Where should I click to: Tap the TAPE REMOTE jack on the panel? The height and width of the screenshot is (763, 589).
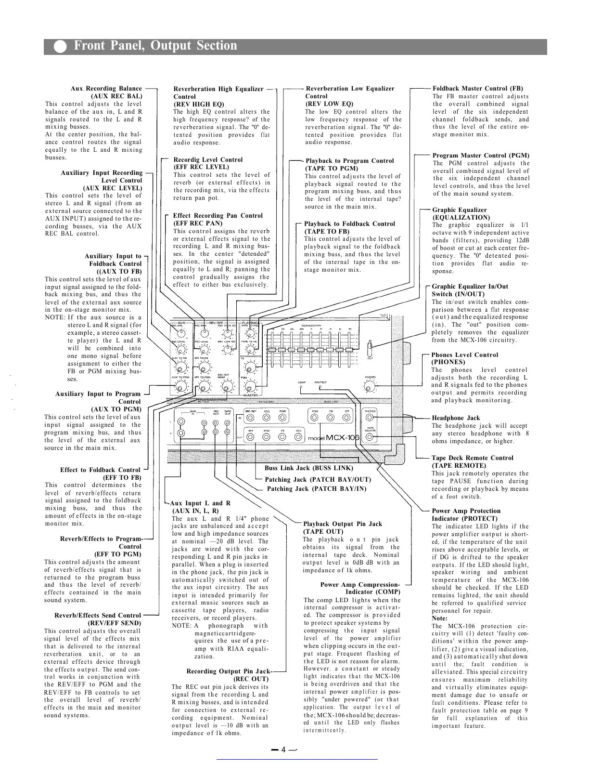(369, 437)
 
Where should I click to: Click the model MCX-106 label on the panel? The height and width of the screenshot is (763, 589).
(333, 438)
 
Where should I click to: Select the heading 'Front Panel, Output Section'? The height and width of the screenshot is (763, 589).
(155, 46)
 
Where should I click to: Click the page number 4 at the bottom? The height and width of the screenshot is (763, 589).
(284, 749)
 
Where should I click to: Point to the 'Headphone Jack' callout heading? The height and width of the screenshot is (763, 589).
(456, 418)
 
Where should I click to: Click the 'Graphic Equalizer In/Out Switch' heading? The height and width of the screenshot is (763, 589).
(470, 290)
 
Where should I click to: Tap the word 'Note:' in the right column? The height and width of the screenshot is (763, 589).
(439, 618)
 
